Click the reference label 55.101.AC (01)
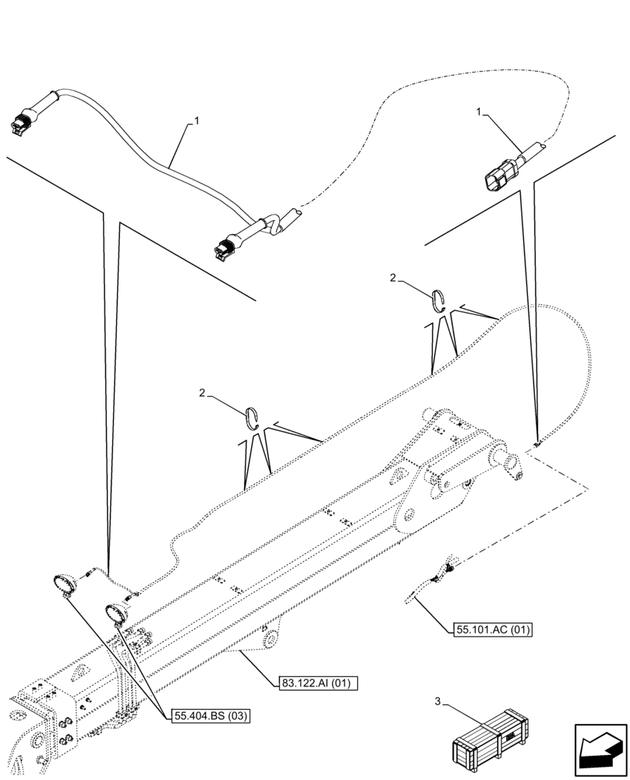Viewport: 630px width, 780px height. coord(491,629)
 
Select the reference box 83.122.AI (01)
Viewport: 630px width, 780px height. coord(316,684)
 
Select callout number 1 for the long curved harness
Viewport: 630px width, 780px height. coord(197,121)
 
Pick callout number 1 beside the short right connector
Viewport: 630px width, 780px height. coord(478,113)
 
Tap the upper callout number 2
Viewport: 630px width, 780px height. coord(394,278)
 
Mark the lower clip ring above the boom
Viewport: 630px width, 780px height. coord(251,417)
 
